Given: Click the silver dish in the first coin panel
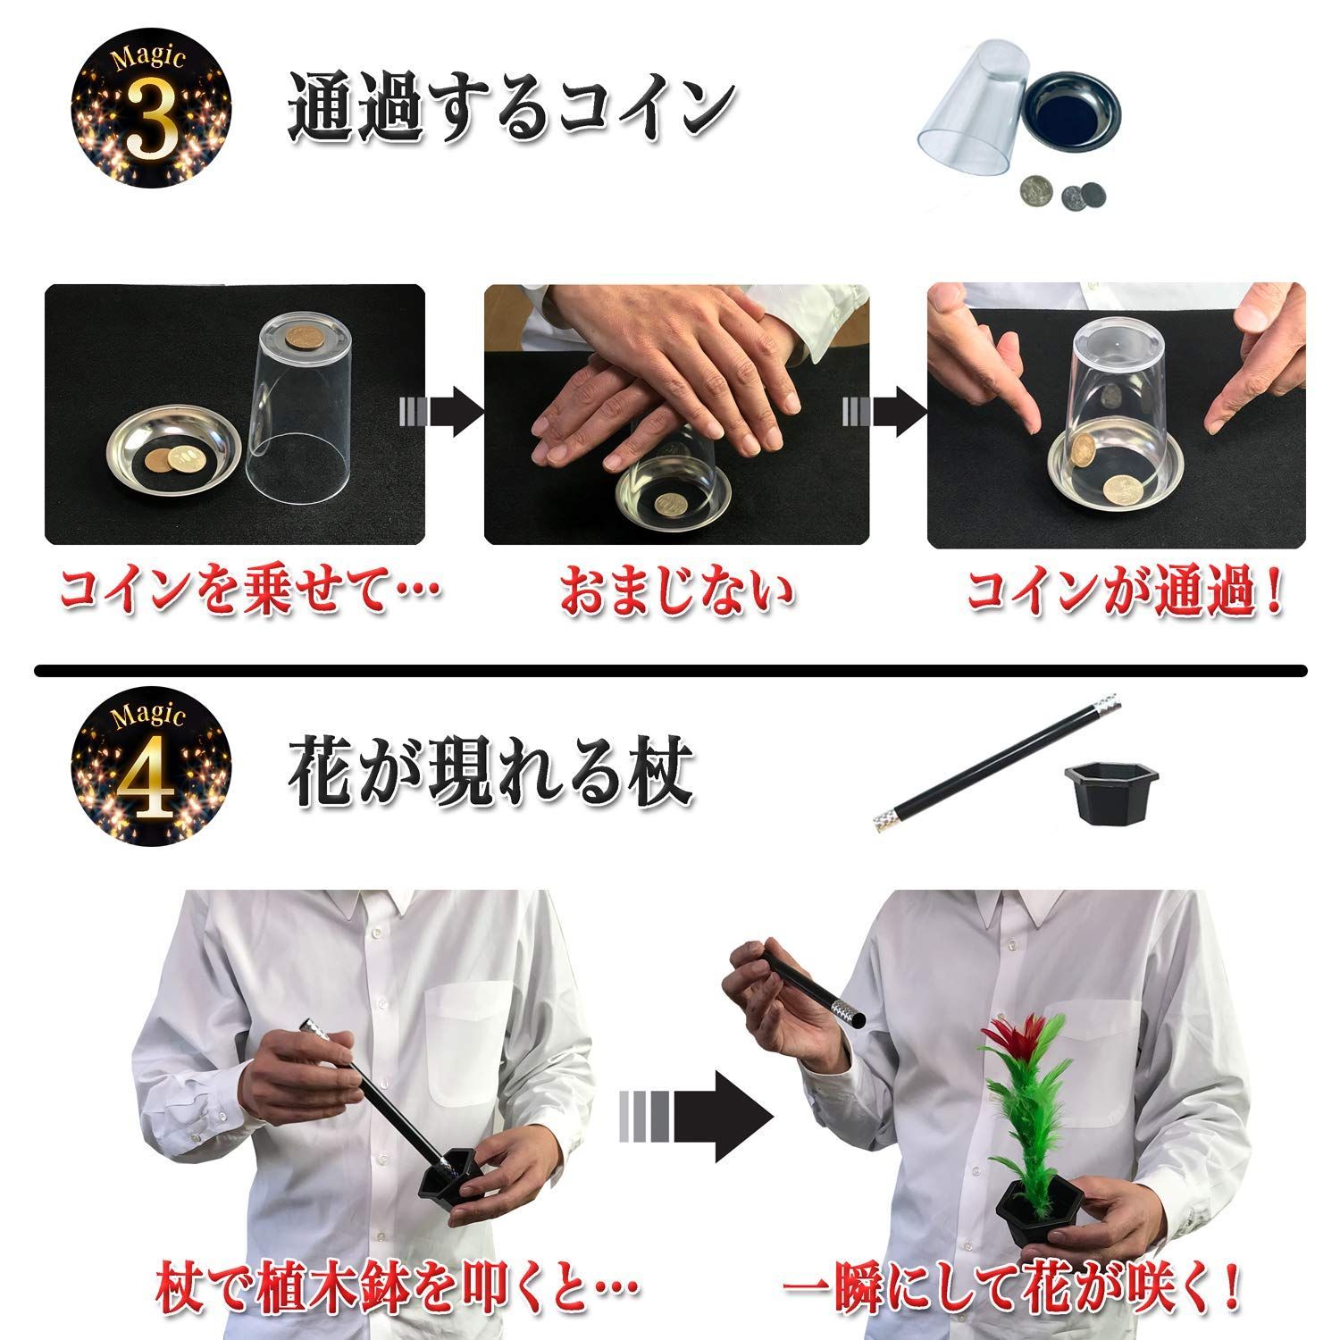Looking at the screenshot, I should (174, 456).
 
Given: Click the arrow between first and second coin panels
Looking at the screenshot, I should (441, 413).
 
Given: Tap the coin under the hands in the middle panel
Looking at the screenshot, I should (671, 505).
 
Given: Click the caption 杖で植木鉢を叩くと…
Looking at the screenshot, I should (398, 1288).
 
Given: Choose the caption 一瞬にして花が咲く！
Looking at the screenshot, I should (1010, 1288).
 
